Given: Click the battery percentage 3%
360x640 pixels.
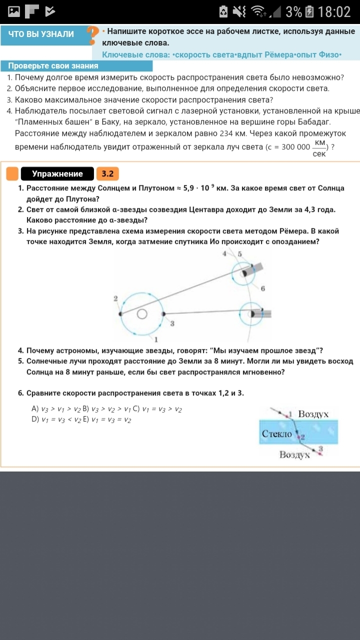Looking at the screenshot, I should [293, 11].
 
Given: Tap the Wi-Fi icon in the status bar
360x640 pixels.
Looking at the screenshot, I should [258, 11].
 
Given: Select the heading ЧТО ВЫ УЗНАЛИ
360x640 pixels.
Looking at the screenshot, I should [41, 34].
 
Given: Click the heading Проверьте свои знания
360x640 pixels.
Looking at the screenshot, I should [53, 66].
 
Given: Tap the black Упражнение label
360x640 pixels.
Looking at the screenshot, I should [57, 174].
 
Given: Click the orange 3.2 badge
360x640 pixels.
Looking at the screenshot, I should [107, 174].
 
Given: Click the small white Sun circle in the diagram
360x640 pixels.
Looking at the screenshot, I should [142, 313].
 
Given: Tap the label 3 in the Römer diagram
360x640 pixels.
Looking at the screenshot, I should [172, 324].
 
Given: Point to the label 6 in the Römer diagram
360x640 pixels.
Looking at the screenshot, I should [263, 288].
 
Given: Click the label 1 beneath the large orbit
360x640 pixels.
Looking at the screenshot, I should [156, 340].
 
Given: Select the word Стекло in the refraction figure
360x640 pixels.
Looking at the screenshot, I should [277, 434].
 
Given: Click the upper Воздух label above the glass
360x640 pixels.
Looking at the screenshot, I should [313, 414].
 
